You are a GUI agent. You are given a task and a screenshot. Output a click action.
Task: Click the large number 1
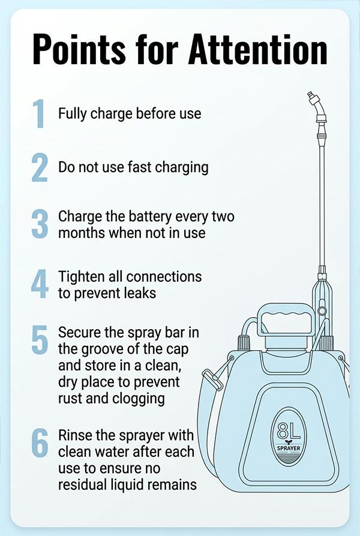[39, 113]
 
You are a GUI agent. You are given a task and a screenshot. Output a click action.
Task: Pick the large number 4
[40, 284]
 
